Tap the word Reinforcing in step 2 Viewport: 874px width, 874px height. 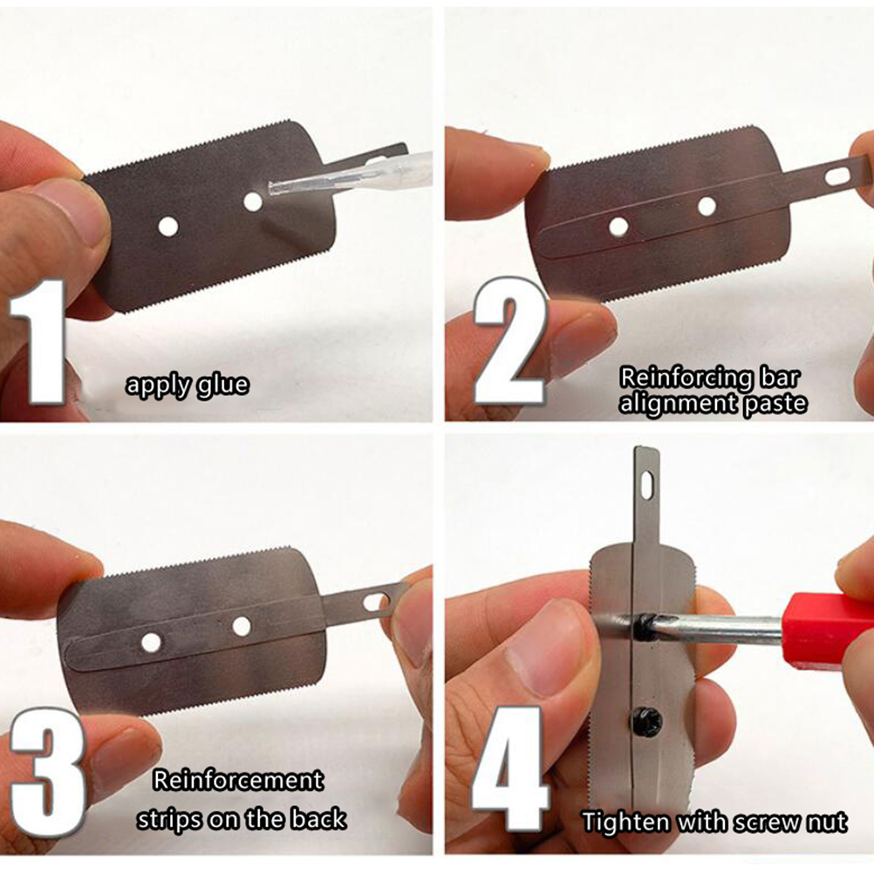[686, 378]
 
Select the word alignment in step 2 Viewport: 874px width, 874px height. [678, 403]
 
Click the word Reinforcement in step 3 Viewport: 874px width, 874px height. [238, 780]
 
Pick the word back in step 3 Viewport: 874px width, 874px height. [318, 819]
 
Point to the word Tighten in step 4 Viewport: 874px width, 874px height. [625, 823]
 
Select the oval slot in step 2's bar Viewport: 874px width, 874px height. [836, 176]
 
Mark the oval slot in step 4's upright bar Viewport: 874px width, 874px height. [646, 485]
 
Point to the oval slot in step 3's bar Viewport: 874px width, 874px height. [375, 602]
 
